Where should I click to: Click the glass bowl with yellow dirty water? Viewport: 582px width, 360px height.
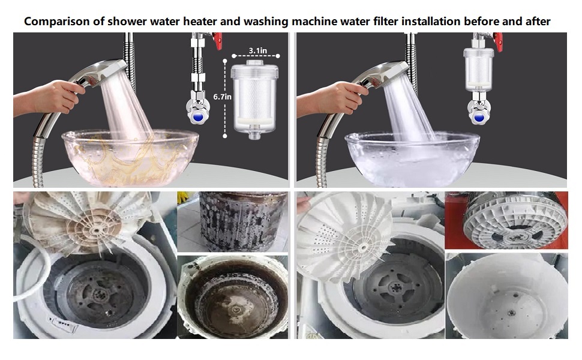pyautogui.click(x=122, y=155)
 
